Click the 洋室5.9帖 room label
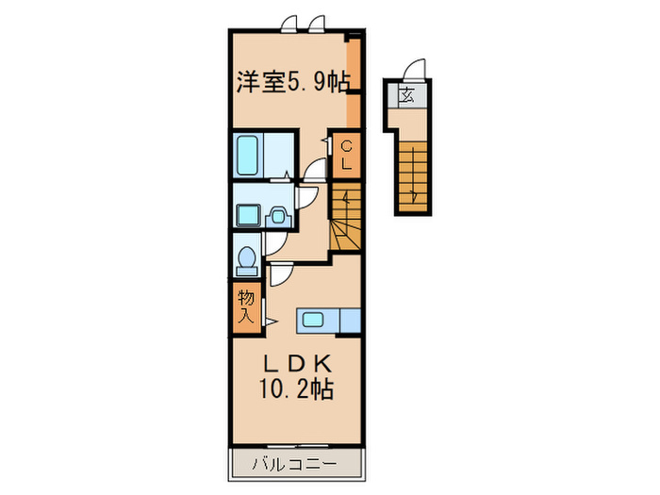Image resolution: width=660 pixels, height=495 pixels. click(x=292, y=81)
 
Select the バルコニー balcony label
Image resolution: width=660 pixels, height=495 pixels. click(x=294, y=465)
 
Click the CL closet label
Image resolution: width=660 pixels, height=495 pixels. click(x=346, y=155)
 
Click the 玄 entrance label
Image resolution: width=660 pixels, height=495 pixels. click(x=406, y=95)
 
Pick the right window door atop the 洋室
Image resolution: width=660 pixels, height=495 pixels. click(x=316, y=23)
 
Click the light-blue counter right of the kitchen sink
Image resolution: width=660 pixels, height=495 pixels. click(x=349, y=321)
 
